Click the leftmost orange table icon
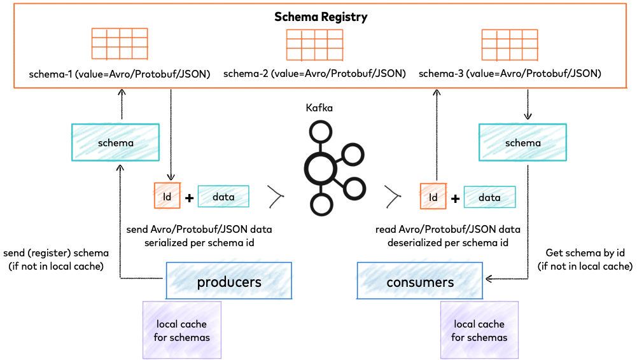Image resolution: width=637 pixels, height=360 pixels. (x=120, y=44)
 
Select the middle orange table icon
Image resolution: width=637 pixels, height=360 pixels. (x=314, y=45)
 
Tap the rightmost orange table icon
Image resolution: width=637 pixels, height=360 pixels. (x=509, y=45)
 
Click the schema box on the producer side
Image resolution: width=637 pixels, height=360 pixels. (x=115, y=142)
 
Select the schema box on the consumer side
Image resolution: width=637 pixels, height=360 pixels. (x=522, y=142)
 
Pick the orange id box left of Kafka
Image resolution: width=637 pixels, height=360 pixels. (x=167, y=196)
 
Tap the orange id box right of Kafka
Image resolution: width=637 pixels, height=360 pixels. (x=433, y=197)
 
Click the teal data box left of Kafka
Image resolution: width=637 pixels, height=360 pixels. (x=223, y=197)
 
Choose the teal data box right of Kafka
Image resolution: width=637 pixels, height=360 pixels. (x=489, y=197)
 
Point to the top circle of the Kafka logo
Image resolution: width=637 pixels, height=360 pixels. (x=321, y=132)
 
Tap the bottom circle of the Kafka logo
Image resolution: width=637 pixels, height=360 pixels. (x=321, y=205)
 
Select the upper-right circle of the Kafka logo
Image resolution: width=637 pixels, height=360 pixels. (x=352, y=154)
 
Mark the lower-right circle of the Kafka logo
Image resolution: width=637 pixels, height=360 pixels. (x=354, y=188)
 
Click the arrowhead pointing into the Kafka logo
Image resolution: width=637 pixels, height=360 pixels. (x=276, y=197)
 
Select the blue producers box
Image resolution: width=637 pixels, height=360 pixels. (x=229, y=281)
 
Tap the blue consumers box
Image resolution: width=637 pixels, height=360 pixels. (x=420, y=281)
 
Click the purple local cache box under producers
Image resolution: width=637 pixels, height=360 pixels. (x=182, y=329)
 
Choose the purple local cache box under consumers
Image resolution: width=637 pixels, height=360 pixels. (x=479, y=329)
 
